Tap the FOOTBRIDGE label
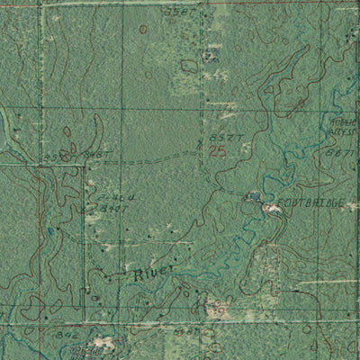(x=310, y=205)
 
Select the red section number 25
(x=217, y=151)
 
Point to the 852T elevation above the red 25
(x=222, y=138)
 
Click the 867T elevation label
(x=339, y=154)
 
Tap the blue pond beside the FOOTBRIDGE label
(x=253, y=196)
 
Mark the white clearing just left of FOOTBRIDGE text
(x=270, y=209)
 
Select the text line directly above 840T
(x=112, y=197)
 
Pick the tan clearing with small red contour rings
(x=216, y=308)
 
